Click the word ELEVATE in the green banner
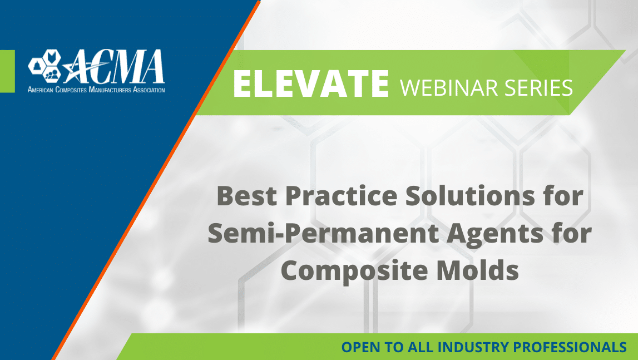[311, 83]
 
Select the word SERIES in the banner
[539, 87]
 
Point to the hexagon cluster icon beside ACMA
[44, 65]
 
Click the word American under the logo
[40, 90]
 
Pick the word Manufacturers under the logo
[110, 90]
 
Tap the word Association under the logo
[149, 90]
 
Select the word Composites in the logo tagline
[71, 90]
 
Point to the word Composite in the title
[354, 271]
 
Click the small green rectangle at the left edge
[7, 71]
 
